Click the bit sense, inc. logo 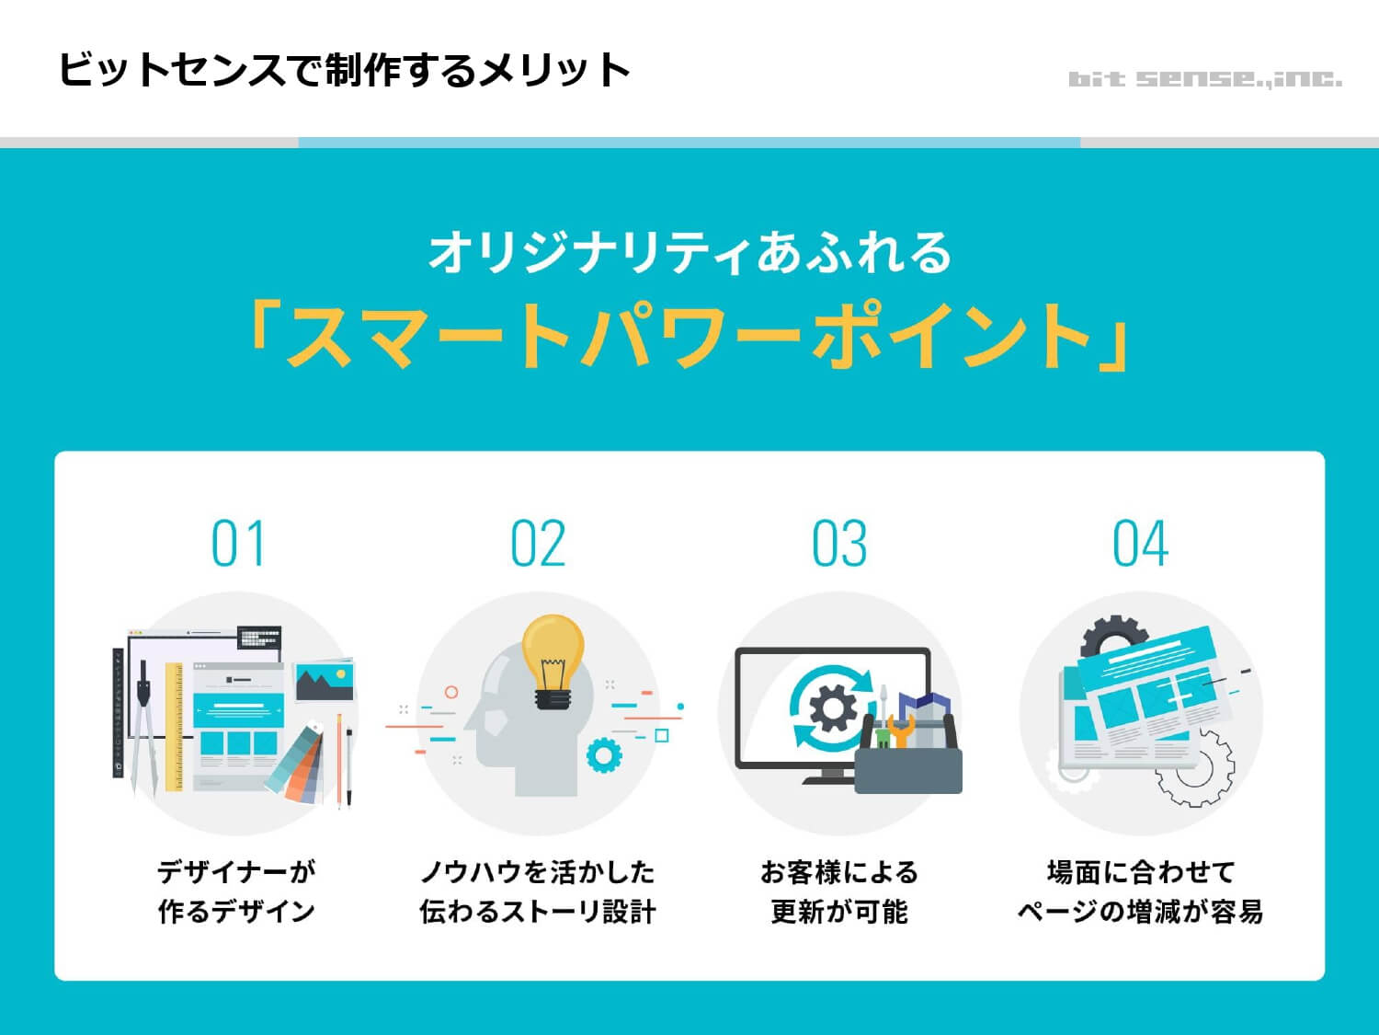point(1204,79)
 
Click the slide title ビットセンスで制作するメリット point(344,70)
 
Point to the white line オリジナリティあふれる point(689,252)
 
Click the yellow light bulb point(553,655)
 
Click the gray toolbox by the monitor point(908,768)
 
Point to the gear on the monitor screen point(832,708)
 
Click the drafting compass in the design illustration point(142,727)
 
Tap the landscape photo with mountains point(323,681)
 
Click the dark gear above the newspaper point(1112,635)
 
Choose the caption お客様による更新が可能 point(838,891)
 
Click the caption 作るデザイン point(236,912)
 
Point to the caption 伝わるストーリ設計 point(538,912)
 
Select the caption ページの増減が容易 point(1140,912)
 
